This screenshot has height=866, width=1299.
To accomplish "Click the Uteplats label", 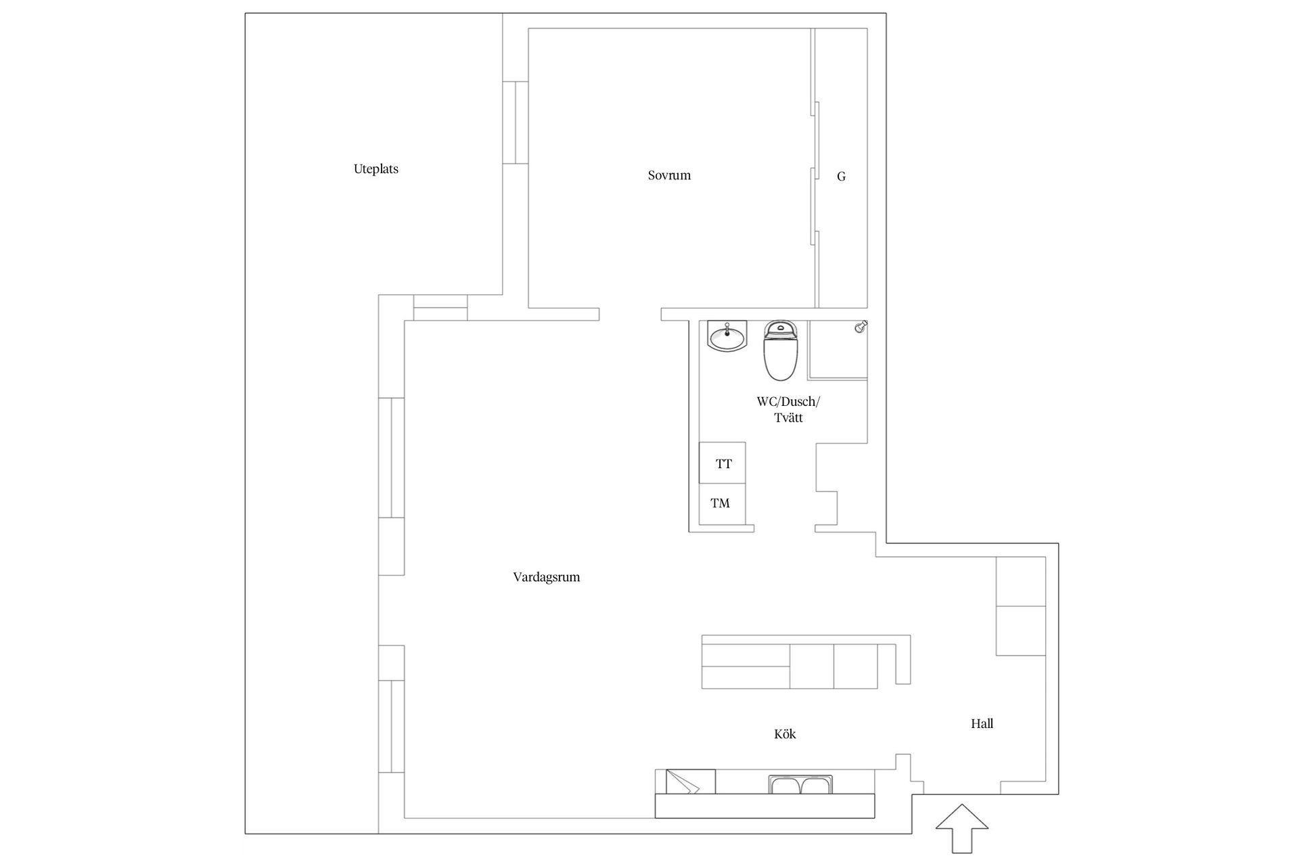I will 375,169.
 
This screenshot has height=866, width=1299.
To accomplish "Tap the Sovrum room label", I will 669,175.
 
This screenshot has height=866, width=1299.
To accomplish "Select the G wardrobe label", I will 841,177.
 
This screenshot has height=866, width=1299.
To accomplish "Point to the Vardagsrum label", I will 546,577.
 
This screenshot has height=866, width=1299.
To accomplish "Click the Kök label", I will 785,734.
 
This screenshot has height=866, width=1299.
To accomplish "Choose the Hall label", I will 982,724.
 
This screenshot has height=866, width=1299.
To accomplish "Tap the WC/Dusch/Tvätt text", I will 788,409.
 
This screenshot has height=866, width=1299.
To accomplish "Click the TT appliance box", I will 723,463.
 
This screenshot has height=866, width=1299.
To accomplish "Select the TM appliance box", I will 721,503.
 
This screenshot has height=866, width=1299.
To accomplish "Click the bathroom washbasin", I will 727,336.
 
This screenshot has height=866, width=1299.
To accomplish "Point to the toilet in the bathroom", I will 781,350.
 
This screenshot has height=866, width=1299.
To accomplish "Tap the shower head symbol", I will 861,327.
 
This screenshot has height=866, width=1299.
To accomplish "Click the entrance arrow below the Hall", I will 961,827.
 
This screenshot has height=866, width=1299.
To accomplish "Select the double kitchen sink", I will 800,785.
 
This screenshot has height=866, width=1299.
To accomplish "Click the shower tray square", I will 838,350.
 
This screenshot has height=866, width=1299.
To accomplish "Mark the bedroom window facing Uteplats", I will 516,122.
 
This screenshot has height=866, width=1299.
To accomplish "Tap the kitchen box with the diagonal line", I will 690,781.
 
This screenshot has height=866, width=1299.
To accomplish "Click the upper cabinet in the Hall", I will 1021,581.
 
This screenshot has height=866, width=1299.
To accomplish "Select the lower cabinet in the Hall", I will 1021,631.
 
